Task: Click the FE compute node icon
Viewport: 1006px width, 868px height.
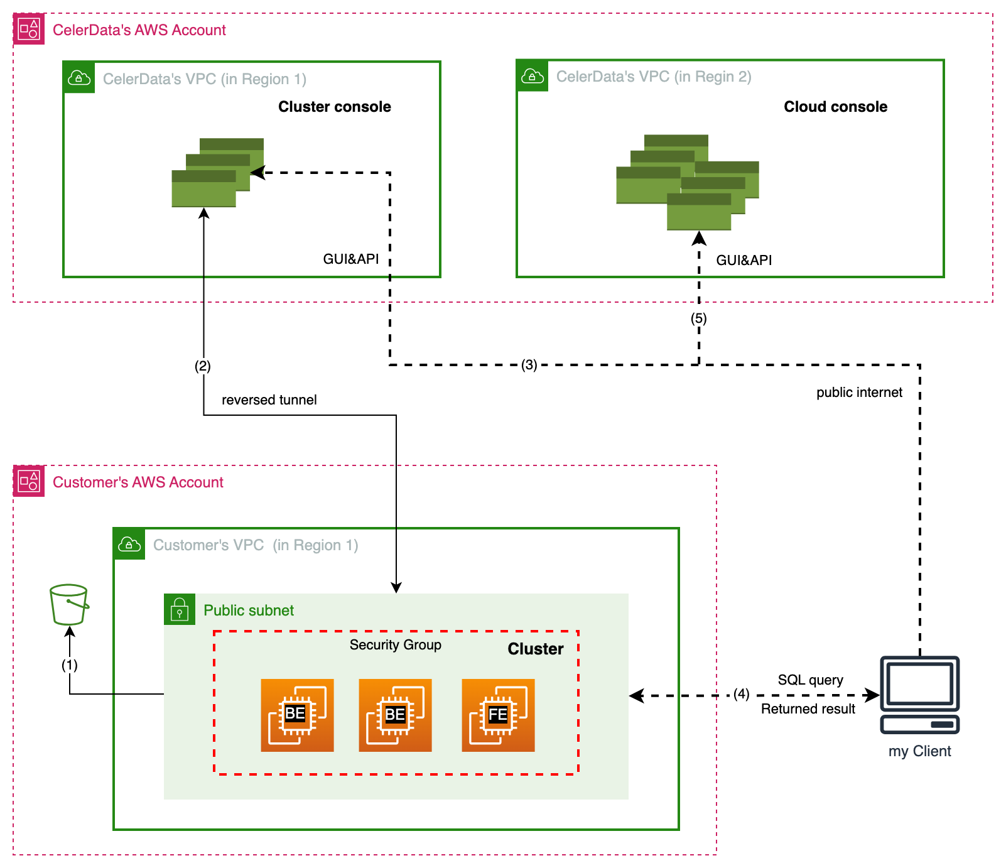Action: click(x=498, y=715)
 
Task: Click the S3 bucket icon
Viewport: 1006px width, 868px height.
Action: click(x=69, y=604)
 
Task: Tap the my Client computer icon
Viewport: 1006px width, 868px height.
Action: click(x=920, y=695)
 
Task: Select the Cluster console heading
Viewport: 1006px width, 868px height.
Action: click(x=334, y=107)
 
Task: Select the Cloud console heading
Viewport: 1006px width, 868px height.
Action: click(x=835, y=107)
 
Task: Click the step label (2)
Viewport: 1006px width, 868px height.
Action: click(x=202, y=366)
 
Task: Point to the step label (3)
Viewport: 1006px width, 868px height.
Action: click(x=529, y=365)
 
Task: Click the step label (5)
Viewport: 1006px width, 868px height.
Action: click(x=698, y=318)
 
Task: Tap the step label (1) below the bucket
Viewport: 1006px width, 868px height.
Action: click(x=69, y=665)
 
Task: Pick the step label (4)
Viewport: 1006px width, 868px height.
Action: click(x=741, y=694)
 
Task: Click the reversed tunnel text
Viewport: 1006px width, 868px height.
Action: click(x=269, y=400)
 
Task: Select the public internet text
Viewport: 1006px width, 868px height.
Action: click(x=858, y=393)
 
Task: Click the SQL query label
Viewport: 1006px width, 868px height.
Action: click(x=810, y=680)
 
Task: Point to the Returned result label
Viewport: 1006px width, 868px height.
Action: click(x=808, y=709)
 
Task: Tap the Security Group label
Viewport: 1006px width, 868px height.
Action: click(x=395, y=645)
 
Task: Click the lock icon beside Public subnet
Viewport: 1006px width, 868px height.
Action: click(x=180, y=609)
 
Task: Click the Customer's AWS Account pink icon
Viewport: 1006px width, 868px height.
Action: click(x=29, y=482)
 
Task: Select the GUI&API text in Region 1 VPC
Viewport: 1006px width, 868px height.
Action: click(x=350, y=259)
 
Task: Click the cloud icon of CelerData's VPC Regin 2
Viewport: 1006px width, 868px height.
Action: click(x=533, y=76)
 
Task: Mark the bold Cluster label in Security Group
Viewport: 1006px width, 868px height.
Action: click(x=535, y=649)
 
